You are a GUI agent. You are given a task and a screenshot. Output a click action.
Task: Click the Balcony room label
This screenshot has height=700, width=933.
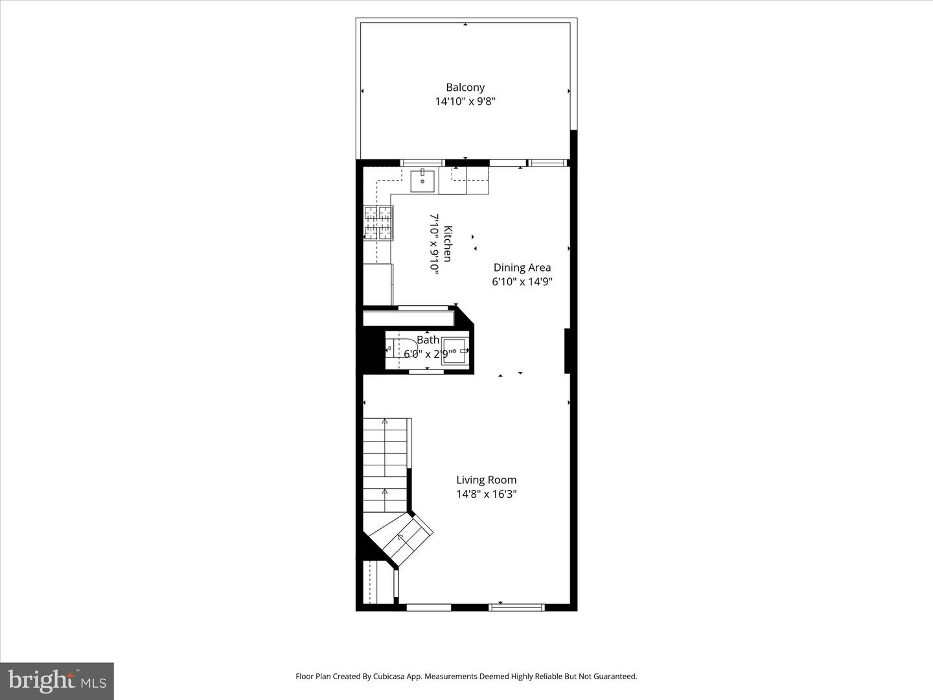pyautogui.click(x=465, y=87)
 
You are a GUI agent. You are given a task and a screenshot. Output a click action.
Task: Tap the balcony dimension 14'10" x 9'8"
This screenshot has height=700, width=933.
pyautogui.click(x=465, y=102)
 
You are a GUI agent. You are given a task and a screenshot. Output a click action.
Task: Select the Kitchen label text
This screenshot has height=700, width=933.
pyautogui.click(x=448, y=244)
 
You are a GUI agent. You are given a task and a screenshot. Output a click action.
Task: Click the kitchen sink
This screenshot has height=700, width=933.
pyautogui.click(x=422, y=181)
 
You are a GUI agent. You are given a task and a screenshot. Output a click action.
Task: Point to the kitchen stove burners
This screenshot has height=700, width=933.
pyautogui.click(x=378, y=223)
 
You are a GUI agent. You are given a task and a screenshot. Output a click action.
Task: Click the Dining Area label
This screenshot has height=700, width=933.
pyautogui.click(x=522, y=268)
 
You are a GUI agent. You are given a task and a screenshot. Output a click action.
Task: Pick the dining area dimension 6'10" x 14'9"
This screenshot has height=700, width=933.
pyautogui.click(x=522, y=282)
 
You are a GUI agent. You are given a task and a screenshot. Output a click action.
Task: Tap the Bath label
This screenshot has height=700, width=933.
pyautogui.click(x=428, y=340)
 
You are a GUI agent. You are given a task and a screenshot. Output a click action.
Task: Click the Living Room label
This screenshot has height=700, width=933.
pyautogui.click(x=486, y=480)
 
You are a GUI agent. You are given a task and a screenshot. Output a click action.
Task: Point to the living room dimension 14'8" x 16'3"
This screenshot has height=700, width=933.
pyautogui.click(x=486, y=495)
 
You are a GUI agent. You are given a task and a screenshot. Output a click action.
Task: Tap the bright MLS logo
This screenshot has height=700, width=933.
pyautogui.click(x=57, y=681)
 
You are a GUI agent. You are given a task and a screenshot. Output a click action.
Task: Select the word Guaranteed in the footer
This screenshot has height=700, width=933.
pyautogui.click(x=614, y=677)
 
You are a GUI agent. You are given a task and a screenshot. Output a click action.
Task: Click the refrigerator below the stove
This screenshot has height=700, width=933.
pyautogui.click(x=378, y=284)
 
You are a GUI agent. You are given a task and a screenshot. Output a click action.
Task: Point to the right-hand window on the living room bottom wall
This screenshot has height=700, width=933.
pyautogui.click(x=516, y=607)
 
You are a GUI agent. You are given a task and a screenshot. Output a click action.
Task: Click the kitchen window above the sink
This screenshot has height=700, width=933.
pyautogui.click(x=422, y=163)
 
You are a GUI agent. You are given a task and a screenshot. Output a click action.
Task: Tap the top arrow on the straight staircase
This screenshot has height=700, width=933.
pyautogui.click(x=385, y=422)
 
